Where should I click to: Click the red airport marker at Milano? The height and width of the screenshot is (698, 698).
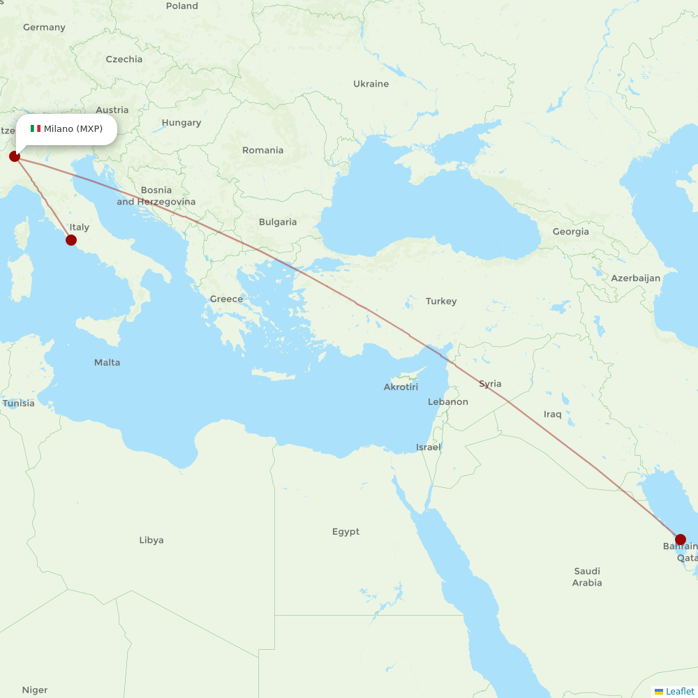tap(15, 156)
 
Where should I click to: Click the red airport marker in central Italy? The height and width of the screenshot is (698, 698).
tap(70, 240)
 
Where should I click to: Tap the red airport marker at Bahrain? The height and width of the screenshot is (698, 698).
tap(681, 540)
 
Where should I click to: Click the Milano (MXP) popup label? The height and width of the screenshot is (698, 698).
tap(73, 128)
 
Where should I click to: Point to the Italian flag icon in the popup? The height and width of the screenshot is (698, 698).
tap(36, 128)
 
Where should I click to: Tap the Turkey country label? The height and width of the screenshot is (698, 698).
tap(441, 302)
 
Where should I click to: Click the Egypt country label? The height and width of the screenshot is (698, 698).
tap(346, 532)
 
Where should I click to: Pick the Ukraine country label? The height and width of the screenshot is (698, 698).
tap(371, 84)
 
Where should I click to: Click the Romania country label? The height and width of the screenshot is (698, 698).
tap(262, 150)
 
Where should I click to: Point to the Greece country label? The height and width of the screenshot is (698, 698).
tap(226, 299)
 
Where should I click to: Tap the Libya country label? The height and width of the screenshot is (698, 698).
tap(151, 540)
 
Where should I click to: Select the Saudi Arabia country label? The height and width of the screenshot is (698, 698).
tap(586, 577)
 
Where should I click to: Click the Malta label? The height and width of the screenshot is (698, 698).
tap(107, 362)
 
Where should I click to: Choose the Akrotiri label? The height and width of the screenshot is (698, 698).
tap(401, 387)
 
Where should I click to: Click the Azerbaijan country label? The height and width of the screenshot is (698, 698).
tap(635, 278)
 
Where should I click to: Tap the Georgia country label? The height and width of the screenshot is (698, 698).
tap(570, 232)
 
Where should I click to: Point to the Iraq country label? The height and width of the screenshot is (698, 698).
tap(552, 415)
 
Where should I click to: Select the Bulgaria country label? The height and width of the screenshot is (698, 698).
tap(278, 222)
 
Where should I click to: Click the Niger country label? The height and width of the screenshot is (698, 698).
tap(34, 690)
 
